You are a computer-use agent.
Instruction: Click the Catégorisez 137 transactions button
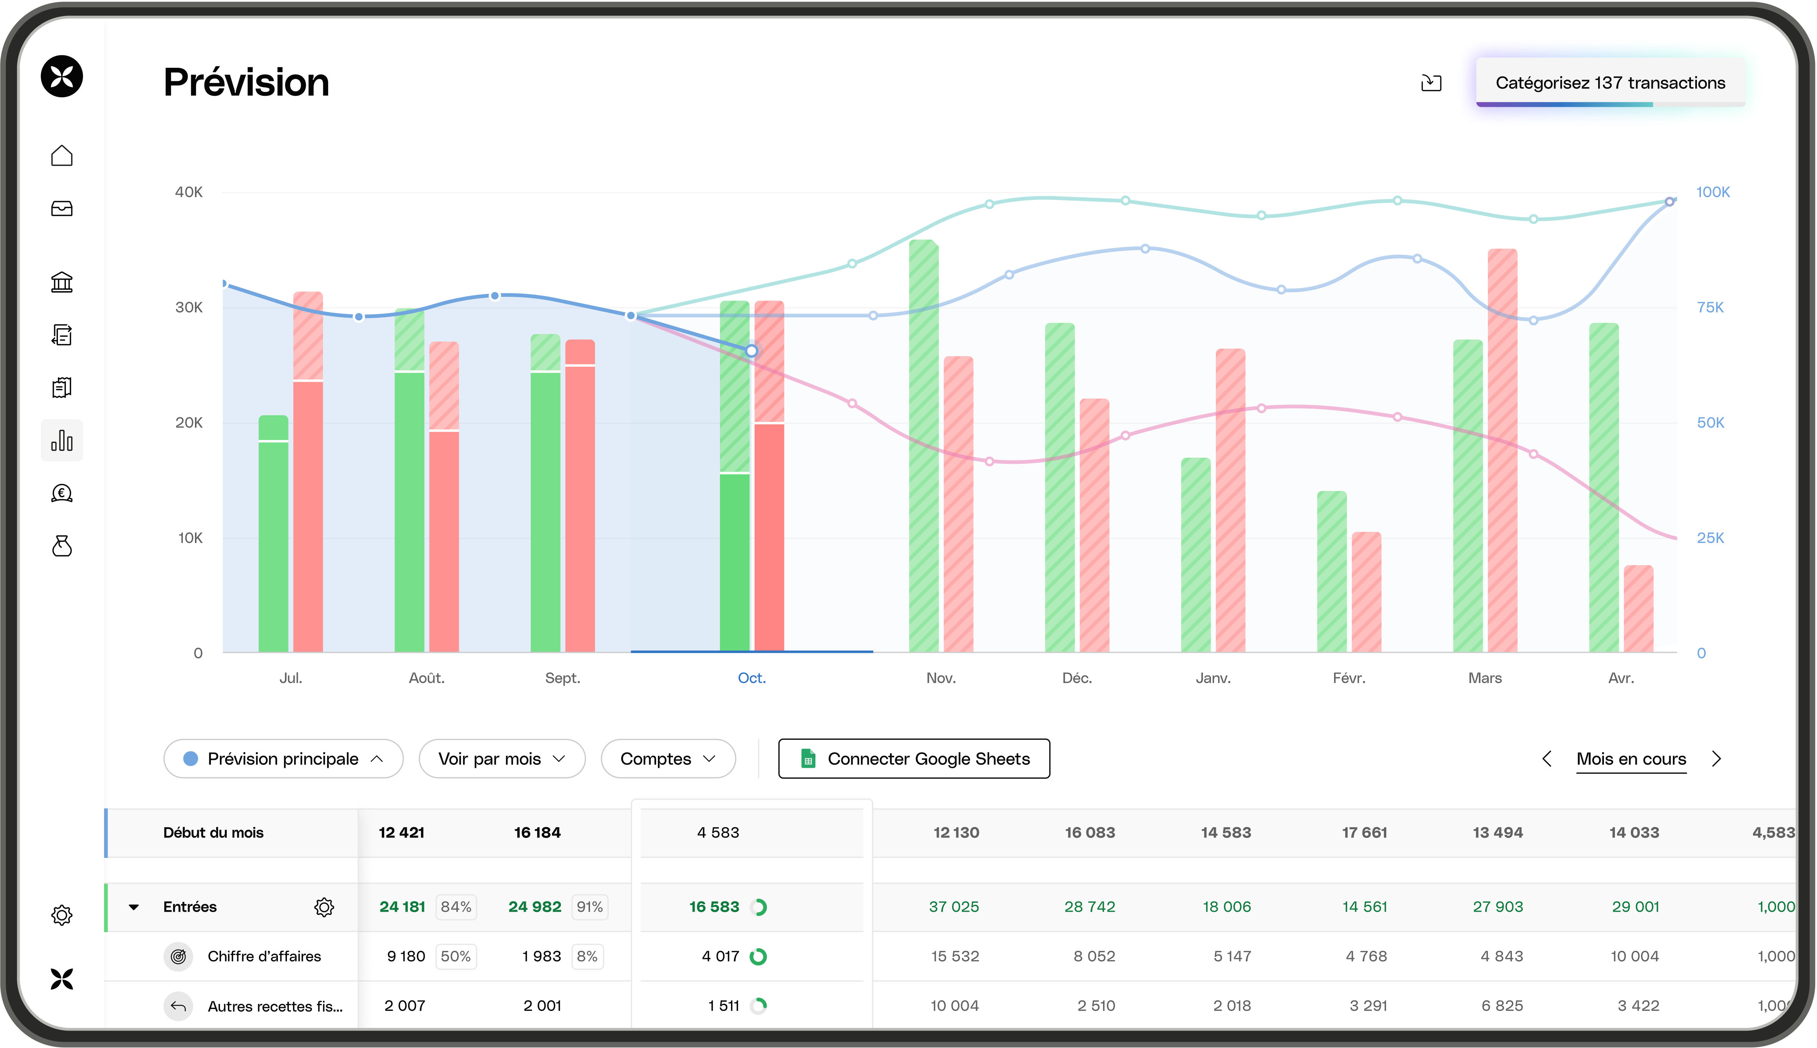[x=1610, y=83]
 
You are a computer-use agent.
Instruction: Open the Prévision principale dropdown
[x=283, y=759]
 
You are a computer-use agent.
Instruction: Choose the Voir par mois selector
[x=502, y=759]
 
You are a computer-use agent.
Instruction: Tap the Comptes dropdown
[x=668, y=759]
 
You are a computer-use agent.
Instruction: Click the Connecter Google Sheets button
[x=914, y=759]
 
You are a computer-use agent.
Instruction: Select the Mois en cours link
[x=1631, y=759]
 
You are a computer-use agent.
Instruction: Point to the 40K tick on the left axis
[x=189, y=192]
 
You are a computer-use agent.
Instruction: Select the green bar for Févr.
[x=1331, y=572]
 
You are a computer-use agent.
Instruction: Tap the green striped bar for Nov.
[x=923, y=446]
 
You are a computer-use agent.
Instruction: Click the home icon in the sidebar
[x=62, y=156]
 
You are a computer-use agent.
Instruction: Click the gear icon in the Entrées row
[x=324, y=907]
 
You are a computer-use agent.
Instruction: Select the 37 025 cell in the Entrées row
[x=954, y=907]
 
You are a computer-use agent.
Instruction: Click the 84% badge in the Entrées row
[x=455, y=907]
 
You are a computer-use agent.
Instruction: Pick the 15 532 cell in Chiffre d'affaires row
[x=954, y=957]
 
